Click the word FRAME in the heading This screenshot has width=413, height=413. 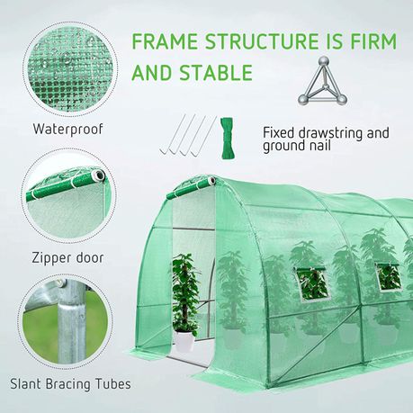point(165,41)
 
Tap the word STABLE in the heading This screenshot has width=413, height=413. point(216,72)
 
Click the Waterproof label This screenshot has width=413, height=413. point(68,129)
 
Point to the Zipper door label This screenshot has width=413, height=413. point(68,258)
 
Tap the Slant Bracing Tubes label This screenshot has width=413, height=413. point(70,384)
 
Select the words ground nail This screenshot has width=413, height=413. point(297,146)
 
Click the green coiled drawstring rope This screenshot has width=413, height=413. point(227,138)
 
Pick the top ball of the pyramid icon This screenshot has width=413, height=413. point(324,62)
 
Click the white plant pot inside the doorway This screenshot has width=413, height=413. point(184,341)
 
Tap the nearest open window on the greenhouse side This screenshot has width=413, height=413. point(311,283)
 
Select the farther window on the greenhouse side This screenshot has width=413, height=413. point(389,277)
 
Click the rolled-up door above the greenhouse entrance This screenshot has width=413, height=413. point(191,188)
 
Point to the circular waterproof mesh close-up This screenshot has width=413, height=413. point(70,69)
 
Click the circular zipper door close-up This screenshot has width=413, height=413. point(68,196)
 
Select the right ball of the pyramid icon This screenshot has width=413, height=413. point(342,100)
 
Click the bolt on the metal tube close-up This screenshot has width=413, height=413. point(62,283)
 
